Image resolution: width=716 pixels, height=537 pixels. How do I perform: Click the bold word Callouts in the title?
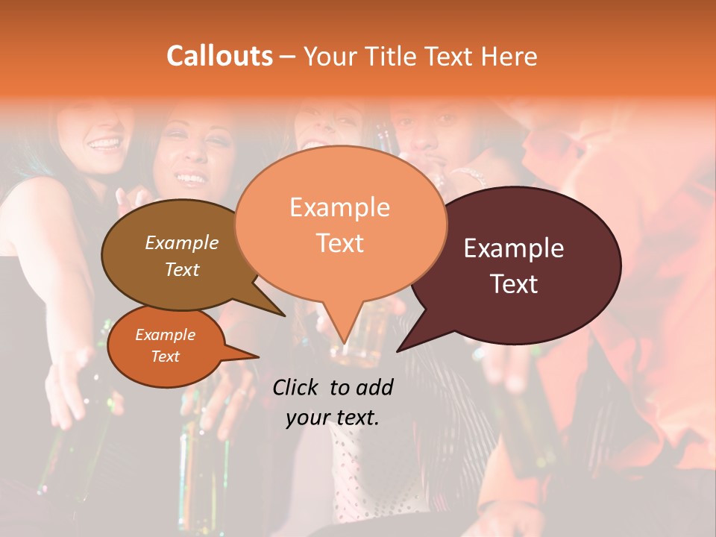[x=219, y=56]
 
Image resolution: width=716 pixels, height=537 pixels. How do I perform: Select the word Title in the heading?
[x=395, y=57]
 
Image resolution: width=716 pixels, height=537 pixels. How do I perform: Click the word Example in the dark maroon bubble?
[x=514, y=248]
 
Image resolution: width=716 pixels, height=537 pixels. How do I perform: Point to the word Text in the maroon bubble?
[x=515, y=284]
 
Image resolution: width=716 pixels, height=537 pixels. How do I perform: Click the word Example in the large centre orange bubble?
[x=339, y=207]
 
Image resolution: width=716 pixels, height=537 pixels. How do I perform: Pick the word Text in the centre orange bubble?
[x=339, y=243]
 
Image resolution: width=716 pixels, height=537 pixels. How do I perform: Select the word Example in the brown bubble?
[x=182, y=242]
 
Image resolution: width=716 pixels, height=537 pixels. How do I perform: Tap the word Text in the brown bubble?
[x=182, y=269]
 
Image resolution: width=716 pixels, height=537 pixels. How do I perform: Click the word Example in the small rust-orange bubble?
[x=166, y=335]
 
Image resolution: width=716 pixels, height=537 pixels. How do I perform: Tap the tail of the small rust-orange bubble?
[x=257, y=357]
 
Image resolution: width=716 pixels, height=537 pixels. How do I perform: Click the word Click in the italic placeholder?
[x=297, y=387]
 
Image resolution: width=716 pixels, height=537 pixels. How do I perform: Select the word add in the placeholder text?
[x=374, y=387]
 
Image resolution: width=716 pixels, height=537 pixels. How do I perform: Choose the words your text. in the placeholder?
[x=333, y=418]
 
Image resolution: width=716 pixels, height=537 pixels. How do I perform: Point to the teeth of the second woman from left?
[x=192, y=179]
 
